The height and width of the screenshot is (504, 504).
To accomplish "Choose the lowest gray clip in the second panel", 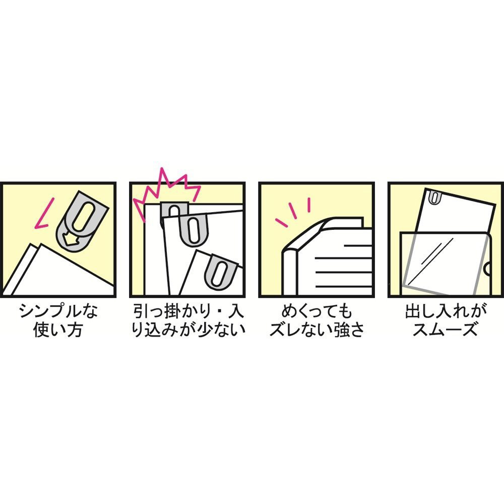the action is [x=222, y=271].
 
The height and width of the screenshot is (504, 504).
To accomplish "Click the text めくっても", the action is [x=317, y=311].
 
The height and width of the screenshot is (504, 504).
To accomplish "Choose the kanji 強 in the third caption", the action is [x=341, y=330].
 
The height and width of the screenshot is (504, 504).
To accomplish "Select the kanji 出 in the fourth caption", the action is [x=413, y=311].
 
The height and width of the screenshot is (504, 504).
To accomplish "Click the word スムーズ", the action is [x=445, y=330].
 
